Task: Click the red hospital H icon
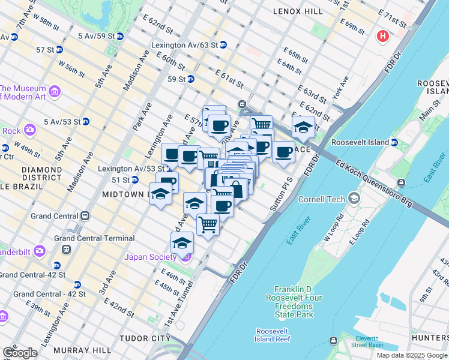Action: coord(382,37)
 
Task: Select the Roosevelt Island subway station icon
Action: coord(394,142)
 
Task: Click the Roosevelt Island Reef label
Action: coord(273,335)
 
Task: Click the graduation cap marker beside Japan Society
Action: coord(182,243)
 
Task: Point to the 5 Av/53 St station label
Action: coord(58,122)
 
